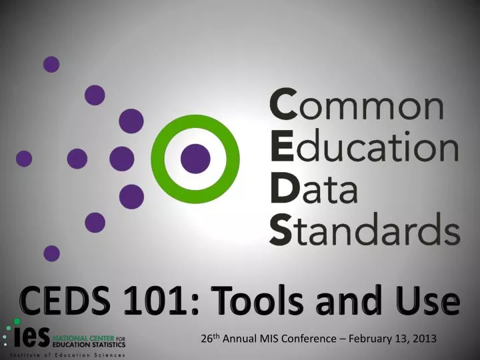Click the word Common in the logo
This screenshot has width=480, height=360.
coord(356,107)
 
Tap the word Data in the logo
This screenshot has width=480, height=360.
coord(313,192)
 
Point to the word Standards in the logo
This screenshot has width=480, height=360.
coord(364,231)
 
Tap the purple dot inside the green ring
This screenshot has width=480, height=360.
coord(195,158)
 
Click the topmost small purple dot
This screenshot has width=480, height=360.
coord(51,64)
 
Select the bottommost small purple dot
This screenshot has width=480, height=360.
coord(51,253)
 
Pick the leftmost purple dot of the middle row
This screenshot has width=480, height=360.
coord(24,159)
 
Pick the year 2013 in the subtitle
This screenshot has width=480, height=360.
coord(425,339)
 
